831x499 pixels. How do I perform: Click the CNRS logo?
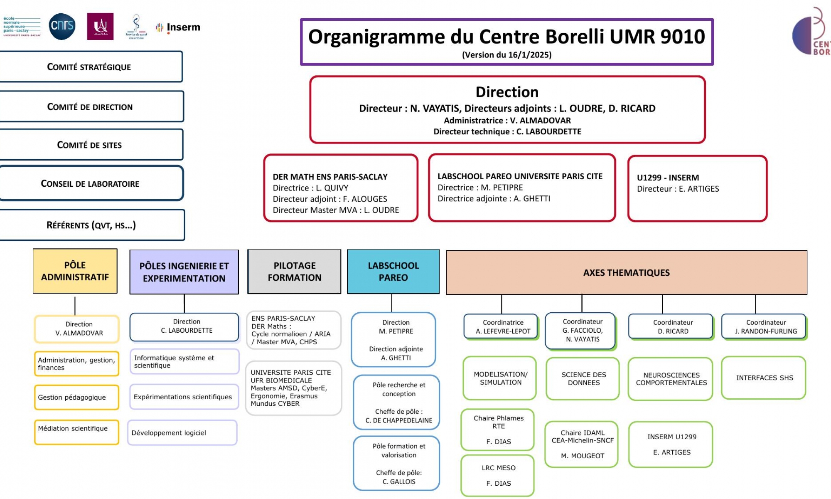pyautogui.click(x=62, y=26)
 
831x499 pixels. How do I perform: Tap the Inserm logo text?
pyautogui.click(x=183, y=27)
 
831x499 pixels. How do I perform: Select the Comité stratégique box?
pyautogui.click(x=89, y=67)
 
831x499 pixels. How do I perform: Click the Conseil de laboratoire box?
pyautogui.click(x=90, y=183)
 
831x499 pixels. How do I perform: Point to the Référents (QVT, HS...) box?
pyautogui.click(x=91, y=225)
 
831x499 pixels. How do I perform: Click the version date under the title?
pyautogui.click(x=506, y=55)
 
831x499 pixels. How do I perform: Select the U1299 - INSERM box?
pyautogui.click(x=697, y=188)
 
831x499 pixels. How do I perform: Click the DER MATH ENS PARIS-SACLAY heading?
pyautogui.click(x=330, y=177)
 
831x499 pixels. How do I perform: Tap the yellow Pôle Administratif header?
pyautogui.click(x=75, y=271)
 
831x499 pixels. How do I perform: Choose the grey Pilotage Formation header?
pyautogui.click(x=295, y=272)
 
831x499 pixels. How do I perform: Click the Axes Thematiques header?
pyautogui.click(x=626, y=273)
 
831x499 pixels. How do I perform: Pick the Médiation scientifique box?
pyautogui.click(x=76, y=432)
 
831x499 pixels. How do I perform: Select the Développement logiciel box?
pyautogui.click(x=182, y=432)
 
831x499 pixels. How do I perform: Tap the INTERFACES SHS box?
pyautogui.click(x=764, y=378)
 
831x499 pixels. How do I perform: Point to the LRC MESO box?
pyautogui.click(x=498, y=475)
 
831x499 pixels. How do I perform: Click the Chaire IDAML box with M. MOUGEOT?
pyautogui.click(x=582, y=444)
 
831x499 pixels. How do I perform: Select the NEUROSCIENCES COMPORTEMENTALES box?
pyautogui.click(x=671, y=378)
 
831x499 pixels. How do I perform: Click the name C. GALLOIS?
pyautogui.click(x=398, y=482)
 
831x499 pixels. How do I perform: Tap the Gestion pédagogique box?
pyautogui.click(x=76, y=397)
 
